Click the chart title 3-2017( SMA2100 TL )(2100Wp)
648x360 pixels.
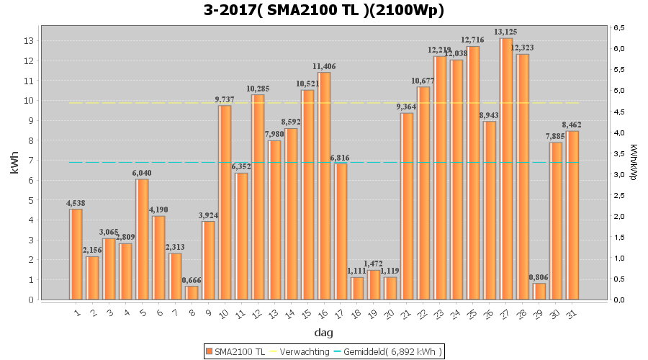point(324,10)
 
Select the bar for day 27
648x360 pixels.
point(506,169)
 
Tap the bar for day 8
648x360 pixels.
point(192,292)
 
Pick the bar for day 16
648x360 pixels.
point(324,186)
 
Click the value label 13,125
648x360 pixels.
point(506,32)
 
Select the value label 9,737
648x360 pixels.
point(225,99)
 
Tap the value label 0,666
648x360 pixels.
point(192,280)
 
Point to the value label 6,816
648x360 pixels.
point(341,158)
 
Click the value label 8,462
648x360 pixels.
point(572,125)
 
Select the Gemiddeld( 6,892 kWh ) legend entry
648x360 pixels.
point(392,351)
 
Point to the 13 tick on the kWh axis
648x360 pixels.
point(28,41)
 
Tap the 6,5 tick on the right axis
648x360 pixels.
point(618,27)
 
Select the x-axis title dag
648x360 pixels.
point(324,333)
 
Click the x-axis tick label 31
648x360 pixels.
point(571,312)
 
